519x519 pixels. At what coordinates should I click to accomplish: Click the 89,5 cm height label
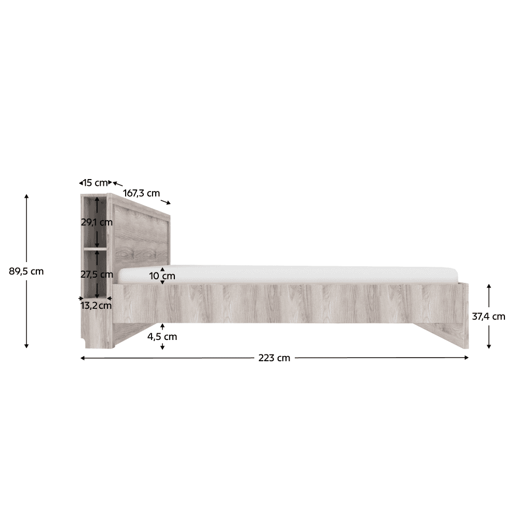pos(26,271)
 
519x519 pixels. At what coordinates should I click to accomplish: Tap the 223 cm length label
pos(274,358)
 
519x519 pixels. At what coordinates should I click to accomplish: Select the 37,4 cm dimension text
pos(488,317)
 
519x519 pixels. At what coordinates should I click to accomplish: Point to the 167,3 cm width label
pos(141,193)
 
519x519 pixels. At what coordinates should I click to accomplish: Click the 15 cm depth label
pos(95,182)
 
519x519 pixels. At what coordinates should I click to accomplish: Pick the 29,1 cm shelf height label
pos(97,222)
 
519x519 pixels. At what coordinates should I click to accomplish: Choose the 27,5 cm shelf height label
pos(97,274)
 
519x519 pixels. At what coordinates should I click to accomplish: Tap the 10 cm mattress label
pos(162,276)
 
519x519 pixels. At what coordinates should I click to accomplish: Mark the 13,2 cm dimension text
pos(96,305)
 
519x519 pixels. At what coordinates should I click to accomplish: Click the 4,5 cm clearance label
pos(162,337)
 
